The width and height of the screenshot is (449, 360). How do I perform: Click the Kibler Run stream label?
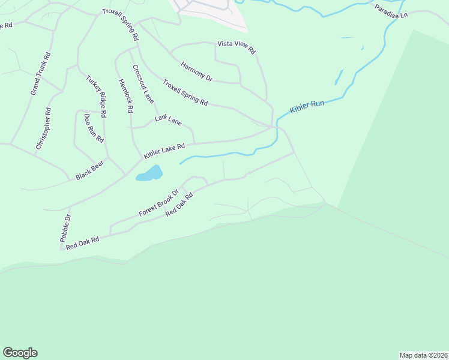point(307,107)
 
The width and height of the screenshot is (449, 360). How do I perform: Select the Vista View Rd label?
point(237,48)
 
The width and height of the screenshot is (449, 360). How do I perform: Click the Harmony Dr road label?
point(196,70)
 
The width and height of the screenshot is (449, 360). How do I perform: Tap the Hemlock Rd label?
point(125,97)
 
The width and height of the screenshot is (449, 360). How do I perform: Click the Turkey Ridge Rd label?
point(96,95)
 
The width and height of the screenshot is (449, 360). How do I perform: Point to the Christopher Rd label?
point(43,128)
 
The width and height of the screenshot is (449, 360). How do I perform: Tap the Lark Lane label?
point(168,120)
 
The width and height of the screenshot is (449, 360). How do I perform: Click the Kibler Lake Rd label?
point(164,151)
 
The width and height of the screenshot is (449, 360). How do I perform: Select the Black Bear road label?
point(90,170)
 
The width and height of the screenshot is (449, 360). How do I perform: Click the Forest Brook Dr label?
point(158,203)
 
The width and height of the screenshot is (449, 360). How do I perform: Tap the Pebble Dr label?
point(65,227)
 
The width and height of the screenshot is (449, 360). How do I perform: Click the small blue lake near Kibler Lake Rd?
point(149,174)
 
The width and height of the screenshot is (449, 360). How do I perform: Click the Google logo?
point(20,353)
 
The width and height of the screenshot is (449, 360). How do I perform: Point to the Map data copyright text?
point(423,355)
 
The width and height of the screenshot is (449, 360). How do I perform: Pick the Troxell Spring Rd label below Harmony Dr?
point(185,93)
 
